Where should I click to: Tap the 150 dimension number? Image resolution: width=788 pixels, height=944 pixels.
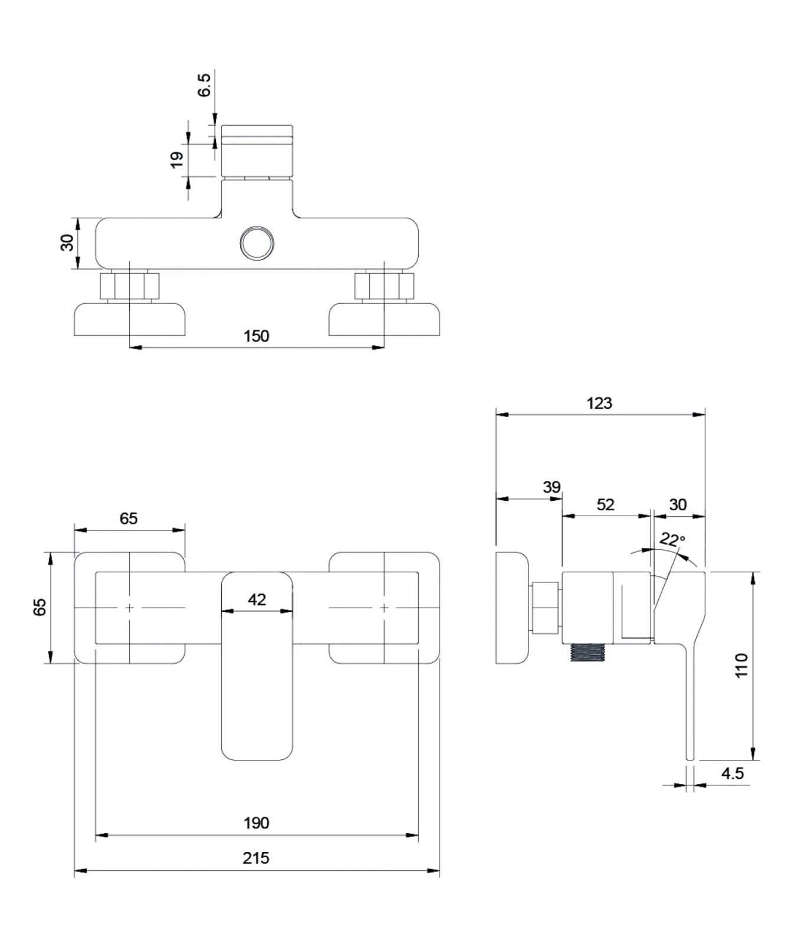(256, 336)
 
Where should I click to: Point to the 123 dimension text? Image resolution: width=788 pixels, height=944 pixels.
(599, 403)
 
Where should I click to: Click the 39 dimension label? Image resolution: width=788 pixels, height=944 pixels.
(551, 487)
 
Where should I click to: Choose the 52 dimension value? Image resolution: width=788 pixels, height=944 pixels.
(606, 504)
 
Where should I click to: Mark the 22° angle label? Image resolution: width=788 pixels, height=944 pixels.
(672, 540)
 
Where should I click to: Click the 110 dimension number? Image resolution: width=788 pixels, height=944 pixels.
(741, 666)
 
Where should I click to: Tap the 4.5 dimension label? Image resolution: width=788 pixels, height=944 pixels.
(733, 773)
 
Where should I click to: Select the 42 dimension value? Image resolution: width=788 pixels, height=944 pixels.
(257, 599)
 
